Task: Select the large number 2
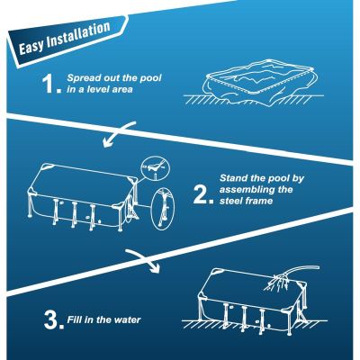202,191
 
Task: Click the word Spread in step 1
83,77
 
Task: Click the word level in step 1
92,90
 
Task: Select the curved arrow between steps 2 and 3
143,261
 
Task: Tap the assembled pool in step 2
81,198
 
